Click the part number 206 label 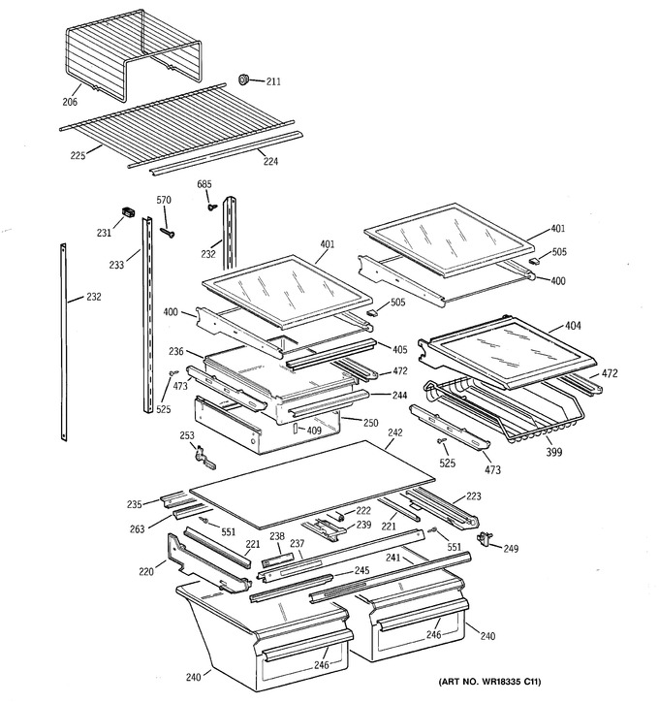70,102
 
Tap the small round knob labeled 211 243,80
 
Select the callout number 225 78,155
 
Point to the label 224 270,161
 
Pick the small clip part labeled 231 129,211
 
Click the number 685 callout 204,184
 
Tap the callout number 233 116,265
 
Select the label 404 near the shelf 573,326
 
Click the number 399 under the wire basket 553,452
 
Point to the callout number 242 395,432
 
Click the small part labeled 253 204,457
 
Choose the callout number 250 370,423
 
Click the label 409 314,431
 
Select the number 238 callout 277,536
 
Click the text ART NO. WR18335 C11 489,682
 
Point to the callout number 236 176,351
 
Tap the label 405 399,349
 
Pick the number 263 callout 137,529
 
